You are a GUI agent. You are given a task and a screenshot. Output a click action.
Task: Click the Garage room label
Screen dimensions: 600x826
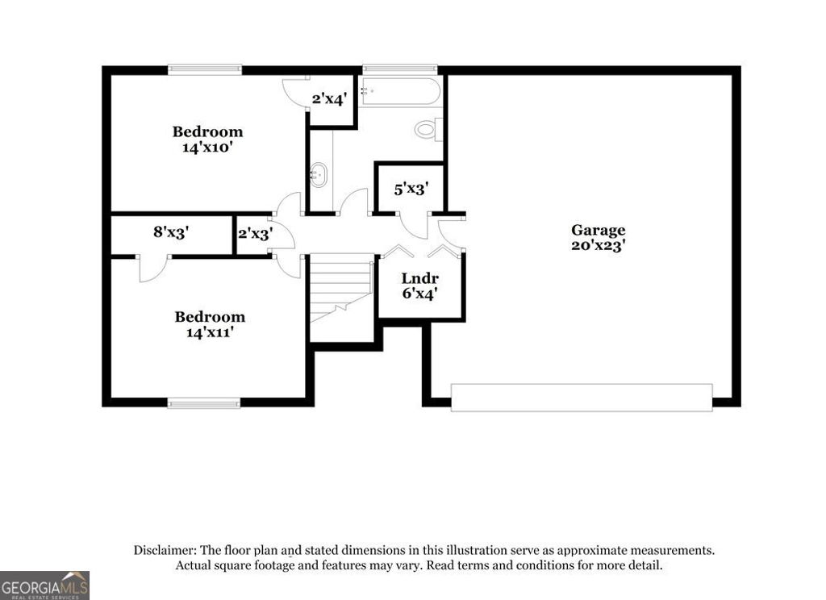598,231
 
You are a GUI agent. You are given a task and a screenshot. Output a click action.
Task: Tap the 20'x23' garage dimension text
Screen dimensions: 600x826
598,246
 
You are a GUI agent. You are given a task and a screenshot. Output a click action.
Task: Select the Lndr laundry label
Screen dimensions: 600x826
420,279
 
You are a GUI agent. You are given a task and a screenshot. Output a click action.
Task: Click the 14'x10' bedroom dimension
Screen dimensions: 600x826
207,147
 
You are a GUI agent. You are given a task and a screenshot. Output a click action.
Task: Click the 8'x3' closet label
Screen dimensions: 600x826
171,232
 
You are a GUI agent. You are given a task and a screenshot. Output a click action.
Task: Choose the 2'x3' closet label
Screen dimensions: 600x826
255,233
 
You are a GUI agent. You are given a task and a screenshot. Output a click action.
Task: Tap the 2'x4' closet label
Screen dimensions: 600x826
329,100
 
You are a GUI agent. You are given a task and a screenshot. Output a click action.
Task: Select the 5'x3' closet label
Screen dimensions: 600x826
411,189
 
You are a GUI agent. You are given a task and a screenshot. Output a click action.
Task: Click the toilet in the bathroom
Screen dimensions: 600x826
428,129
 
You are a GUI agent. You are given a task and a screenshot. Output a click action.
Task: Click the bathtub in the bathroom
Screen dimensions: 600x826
401,92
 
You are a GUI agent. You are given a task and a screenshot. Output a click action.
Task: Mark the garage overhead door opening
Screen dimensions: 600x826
581,398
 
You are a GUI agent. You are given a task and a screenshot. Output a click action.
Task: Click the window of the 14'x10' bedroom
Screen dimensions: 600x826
205,70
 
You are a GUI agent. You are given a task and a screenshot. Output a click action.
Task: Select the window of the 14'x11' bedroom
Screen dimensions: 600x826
204,402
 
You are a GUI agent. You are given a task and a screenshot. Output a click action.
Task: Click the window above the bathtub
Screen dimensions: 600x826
400,69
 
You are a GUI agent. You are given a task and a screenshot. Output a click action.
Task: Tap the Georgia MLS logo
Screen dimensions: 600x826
44,585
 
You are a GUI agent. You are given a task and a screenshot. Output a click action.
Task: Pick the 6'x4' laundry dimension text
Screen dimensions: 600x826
420,294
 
